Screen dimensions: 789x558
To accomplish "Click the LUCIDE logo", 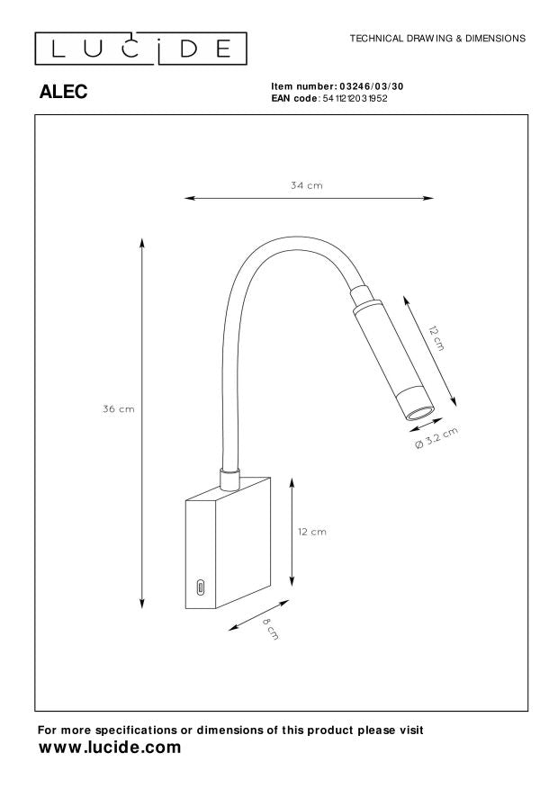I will tap(140, 47).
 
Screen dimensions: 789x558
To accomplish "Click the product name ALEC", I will tap(64, 92).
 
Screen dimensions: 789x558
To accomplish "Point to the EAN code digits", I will tap(355, 97).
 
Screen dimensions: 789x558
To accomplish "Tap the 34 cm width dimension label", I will tap(306, 185).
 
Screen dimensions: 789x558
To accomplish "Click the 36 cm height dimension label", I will tap(118, 408).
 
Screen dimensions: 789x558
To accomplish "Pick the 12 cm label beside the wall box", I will tap(312, 532).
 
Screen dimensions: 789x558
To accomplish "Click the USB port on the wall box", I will tap(200, 587).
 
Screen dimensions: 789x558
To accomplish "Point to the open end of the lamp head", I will tap(418, 413).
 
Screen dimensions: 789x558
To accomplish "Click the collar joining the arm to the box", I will tap(229, 477).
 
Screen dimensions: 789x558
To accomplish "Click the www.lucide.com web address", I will tap(110, 748).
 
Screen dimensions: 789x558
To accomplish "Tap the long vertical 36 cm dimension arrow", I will tap(142, 423).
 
